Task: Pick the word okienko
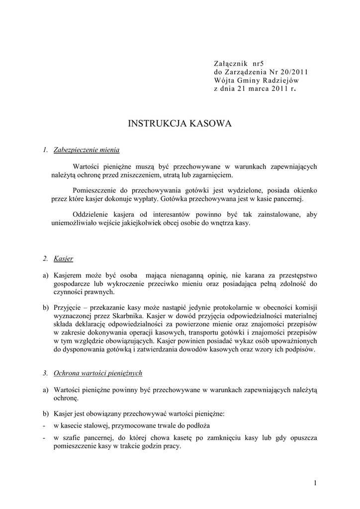click(x=303, y=190)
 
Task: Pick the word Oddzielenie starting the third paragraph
click(x=92, y=214)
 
